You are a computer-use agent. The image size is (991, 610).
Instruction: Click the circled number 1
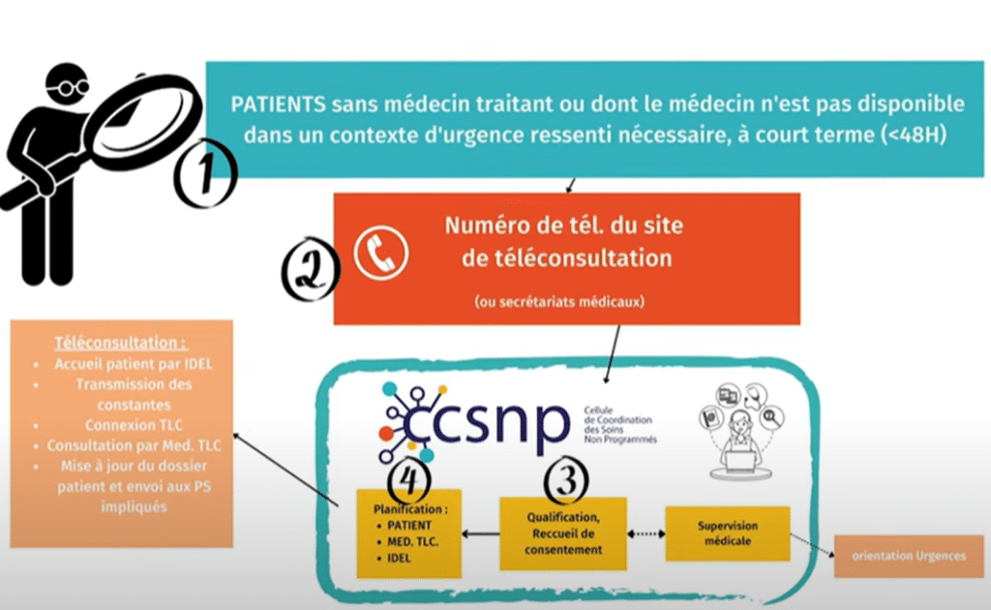[205, 174]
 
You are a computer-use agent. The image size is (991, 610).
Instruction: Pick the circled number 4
[405, 476]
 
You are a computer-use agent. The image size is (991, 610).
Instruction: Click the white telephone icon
[380, 253]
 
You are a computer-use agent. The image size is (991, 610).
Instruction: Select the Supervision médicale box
[727, 532]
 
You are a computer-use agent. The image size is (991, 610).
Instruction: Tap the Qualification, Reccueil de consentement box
[562, 533]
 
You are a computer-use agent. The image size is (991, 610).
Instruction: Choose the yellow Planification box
[405, 533]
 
